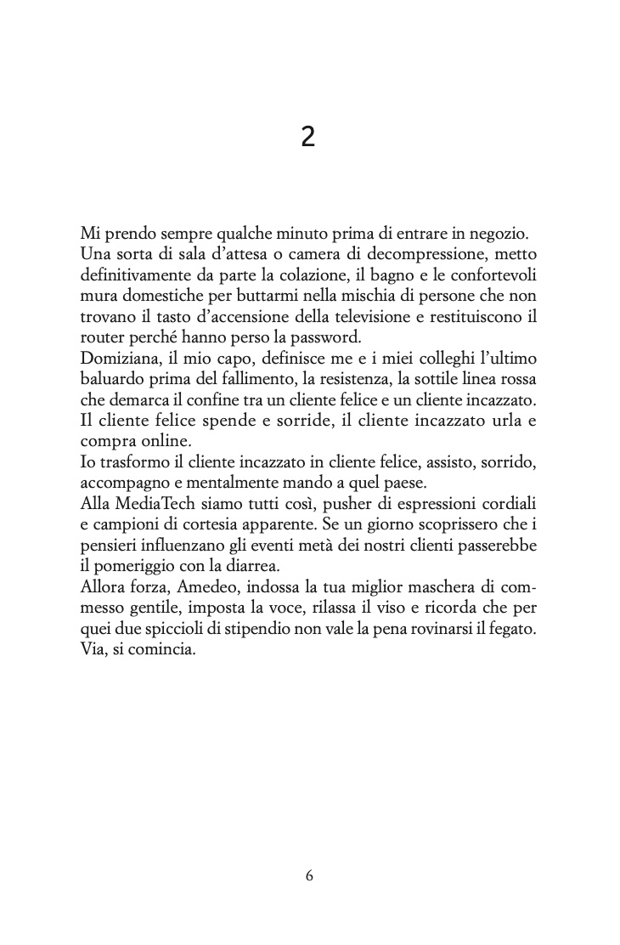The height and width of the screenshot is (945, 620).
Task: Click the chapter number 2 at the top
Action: click(x=308, y=137)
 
